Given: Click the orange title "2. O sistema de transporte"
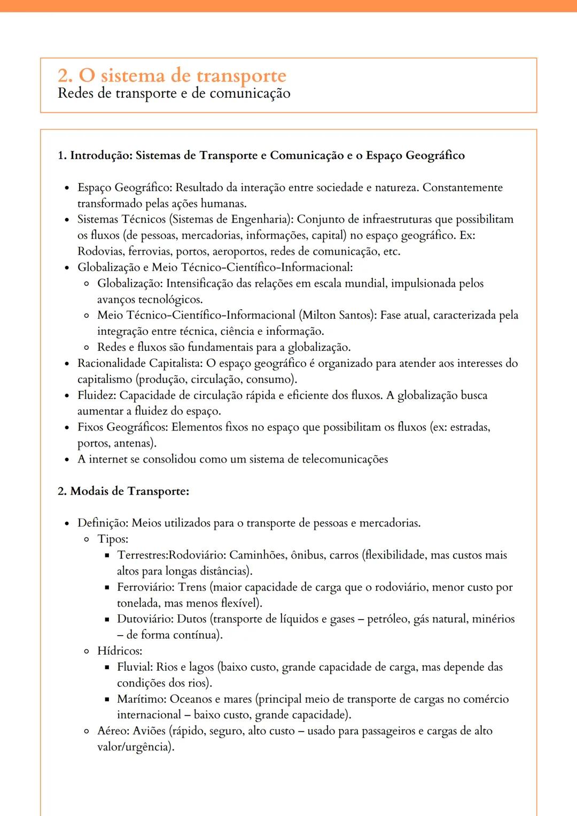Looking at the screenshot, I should pyautogui.click(x=171, y=75).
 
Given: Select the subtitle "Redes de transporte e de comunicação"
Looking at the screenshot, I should pyautogui.click(x=174, y=93).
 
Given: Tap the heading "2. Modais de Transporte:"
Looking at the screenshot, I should pyautogui.click(x=123, y=491).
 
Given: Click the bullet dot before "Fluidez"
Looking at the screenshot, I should pyautogui.click(x=67, y=396).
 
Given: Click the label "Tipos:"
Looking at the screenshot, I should pyautogui.click(x=113, y=539).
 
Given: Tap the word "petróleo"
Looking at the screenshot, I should pyautogui.click(x=387, y=619).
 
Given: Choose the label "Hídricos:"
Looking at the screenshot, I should pyautogui.click(x=120, y=651).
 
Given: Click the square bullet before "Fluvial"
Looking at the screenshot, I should pyautogui.click(x=107, y=668).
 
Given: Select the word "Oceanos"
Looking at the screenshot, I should pyautogui.click(x=191, y=699).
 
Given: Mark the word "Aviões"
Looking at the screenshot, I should pyautogui.click(x=150, y=731).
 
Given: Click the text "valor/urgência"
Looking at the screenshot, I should pyautogui.click(x=134, y=747).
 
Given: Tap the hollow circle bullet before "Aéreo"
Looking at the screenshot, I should pyautogui.click(x=87, y=732).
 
